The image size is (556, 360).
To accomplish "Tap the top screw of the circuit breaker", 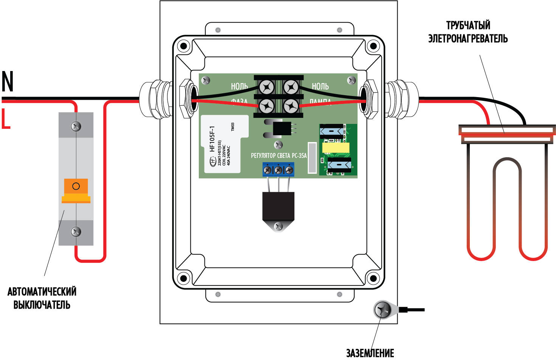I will (x=76, y=126).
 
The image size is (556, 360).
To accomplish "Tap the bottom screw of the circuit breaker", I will (x=76, y=231).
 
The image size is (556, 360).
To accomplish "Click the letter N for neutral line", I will (x=8, y=82).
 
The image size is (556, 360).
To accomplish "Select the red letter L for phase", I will (x=6, y=119).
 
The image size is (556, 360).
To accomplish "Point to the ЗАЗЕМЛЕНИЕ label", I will (x=370, y=353).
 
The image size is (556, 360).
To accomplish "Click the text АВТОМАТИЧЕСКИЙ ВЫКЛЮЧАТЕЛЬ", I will (x=42, y=298).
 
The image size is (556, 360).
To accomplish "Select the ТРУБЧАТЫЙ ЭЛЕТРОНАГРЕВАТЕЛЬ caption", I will (x=468, y=32).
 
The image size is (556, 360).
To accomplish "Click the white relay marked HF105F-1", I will (x=225, y=144).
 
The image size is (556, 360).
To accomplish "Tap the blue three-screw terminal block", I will (x=278, y=170).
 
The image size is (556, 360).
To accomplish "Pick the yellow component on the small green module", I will (x=336, y=147).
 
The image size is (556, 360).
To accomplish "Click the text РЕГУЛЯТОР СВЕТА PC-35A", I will (x=279, y=156).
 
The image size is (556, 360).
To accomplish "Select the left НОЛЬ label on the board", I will (x=239, y=87).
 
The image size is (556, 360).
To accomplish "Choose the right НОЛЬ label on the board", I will (x=320, y=87).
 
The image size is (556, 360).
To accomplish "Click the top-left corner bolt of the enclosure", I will (x=184, y=46).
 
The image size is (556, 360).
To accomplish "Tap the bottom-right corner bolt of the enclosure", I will (x=373, y=279).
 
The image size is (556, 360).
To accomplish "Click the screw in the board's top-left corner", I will (x=206, y=80).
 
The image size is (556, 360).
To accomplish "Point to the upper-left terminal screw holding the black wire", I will (x=267, y=88).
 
